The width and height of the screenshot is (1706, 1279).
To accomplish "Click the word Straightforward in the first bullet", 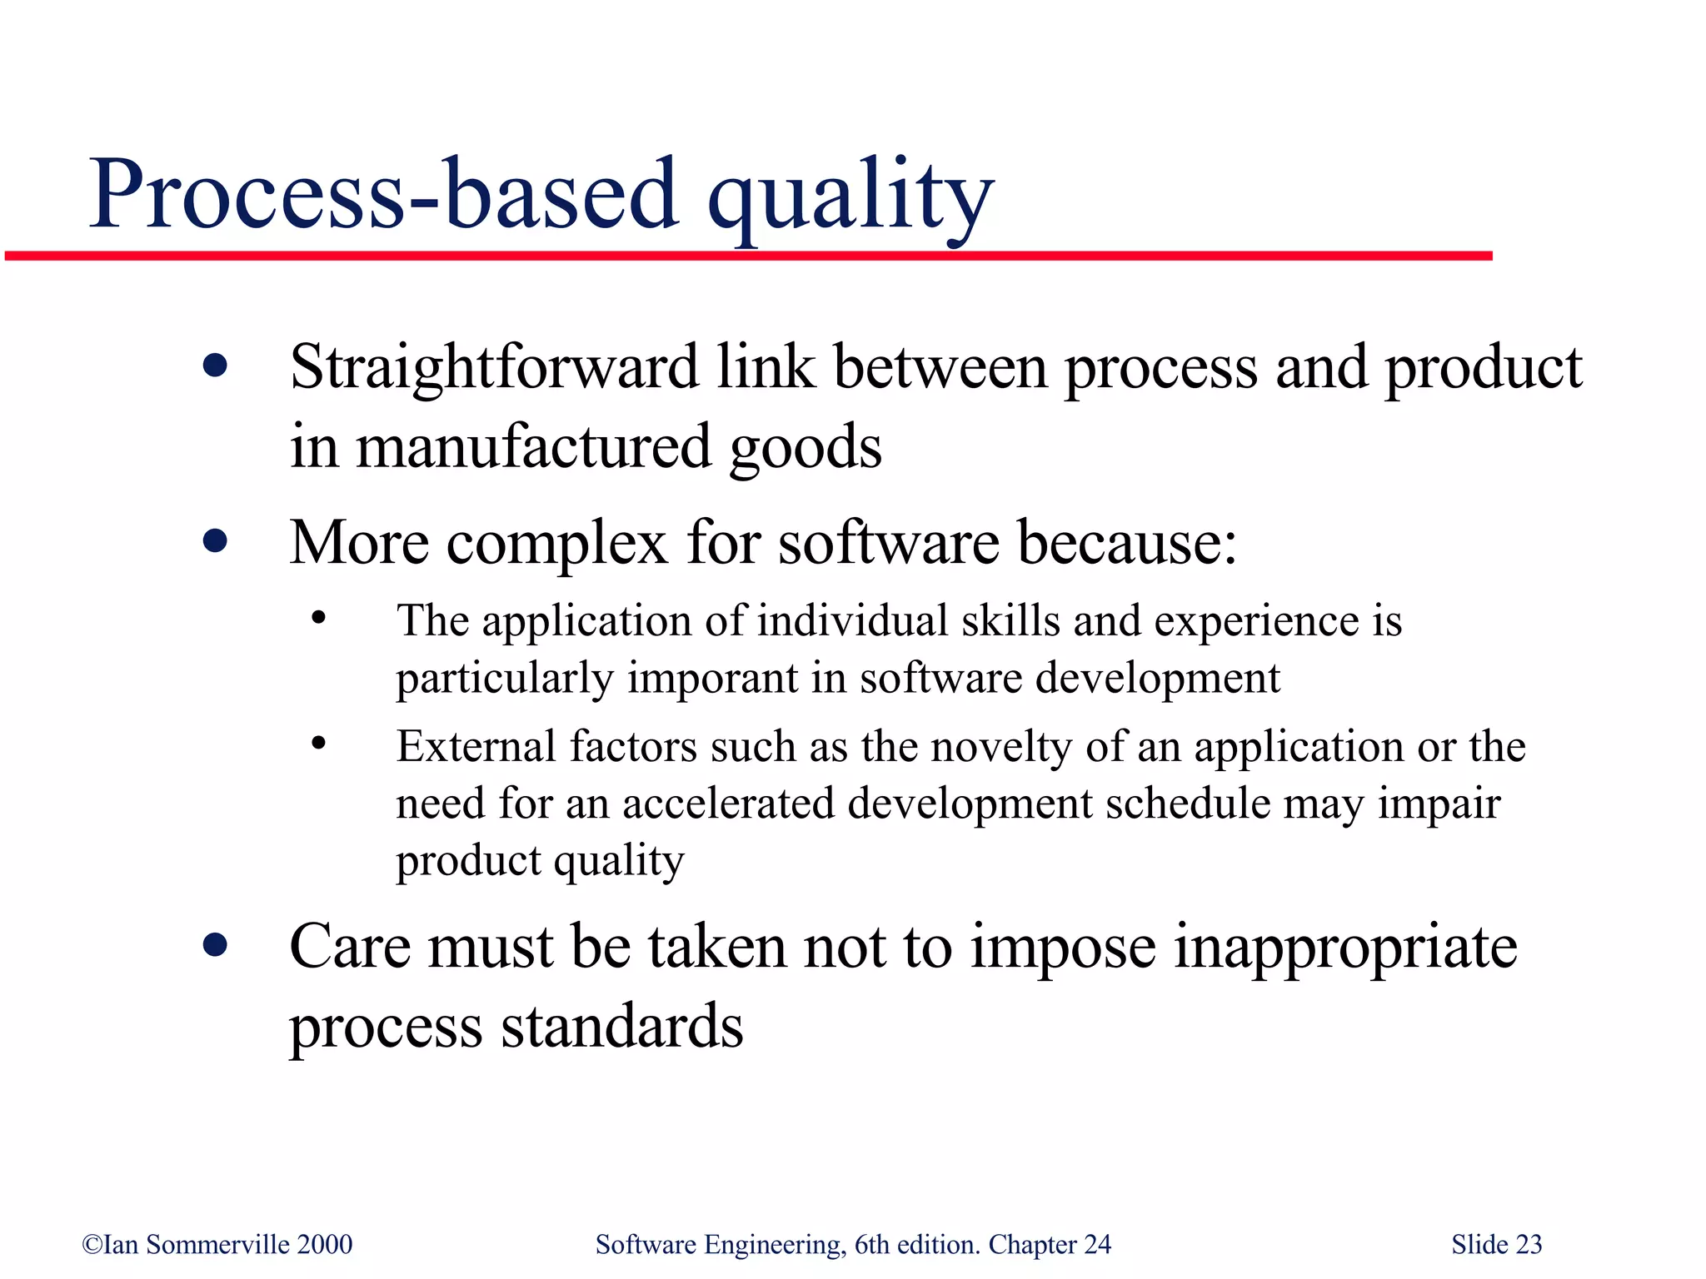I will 494,368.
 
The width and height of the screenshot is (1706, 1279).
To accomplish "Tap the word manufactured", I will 533,447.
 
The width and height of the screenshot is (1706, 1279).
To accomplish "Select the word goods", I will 805,447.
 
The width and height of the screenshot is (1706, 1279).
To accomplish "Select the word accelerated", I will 728,804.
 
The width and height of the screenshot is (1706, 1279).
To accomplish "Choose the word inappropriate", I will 1345,948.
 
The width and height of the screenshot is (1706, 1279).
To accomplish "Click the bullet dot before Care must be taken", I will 215,946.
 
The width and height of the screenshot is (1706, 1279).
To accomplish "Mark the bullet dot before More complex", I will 215,542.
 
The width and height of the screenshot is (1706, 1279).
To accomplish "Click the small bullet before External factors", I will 318,744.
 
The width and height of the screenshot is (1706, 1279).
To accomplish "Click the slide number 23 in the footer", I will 1529,1244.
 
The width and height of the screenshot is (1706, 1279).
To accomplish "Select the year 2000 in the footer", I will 325,1244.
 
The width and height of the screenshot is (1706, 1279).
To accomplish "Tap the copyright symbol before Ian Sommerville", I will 92,1245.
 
